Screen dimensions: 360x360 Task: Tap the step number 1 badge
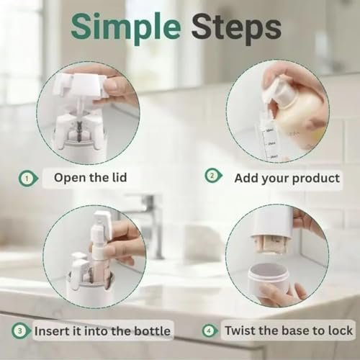click(26, 177)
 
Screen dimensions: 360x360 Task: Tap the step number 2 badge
click(212, 174)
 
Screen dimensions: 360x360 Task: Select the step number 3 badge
click(22, 331)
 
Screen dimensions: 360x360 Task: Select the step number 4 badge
click(210, 331)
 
